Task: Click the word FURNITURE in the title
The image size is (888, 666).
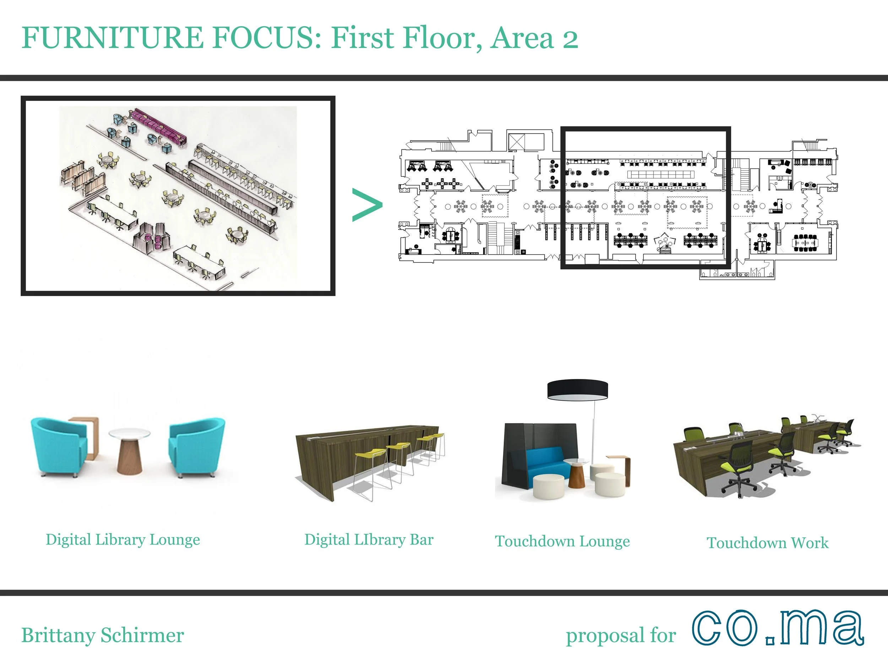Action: click(x=112, y=38)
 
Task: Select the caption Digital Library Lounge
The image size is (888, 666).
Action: click(x=123, y=540)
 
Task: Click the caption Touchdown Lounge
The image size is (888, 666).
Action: click(x=562, y=541)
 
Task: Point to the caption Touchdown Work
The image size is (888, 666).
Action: click(x=767, y=543)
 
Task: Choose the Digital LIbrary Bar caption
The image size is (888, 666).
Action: click(x=369, y=540)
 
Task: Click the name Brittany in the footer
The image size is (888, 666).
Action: click(x=58, y=635)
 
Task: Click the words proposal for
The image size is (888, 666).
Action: click(x=621, y=635)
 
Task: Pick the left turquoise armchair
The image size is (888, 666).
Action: click(x=59, y=447)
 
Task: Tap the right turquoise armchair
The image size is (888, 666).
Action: click(x=196, y=447)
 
